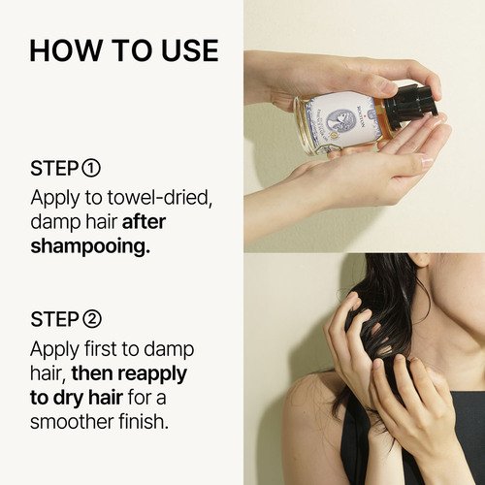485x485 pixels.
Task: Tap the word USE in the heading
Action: (190, 50)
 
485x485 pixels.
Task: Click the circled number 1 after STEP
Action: (91, 168)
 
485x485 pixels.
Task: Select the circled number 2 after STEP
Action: (92, 319)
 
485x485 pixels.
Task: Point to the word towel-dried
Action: (160, 197)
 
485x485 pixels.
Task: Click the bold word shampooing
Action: (90, 247)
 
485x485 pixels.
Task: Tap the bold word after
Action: (144, 222)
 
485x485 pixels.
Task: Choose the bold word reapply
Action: (152, 374)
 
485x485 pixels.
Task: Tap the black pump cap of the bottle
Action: (409, 105)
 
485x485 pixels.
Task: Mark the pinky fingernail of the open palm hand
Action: (428, 161)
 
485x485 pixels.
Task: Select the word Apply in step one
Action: (55, 198)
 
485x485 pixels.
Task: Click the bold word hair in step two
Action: (106, 398)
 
